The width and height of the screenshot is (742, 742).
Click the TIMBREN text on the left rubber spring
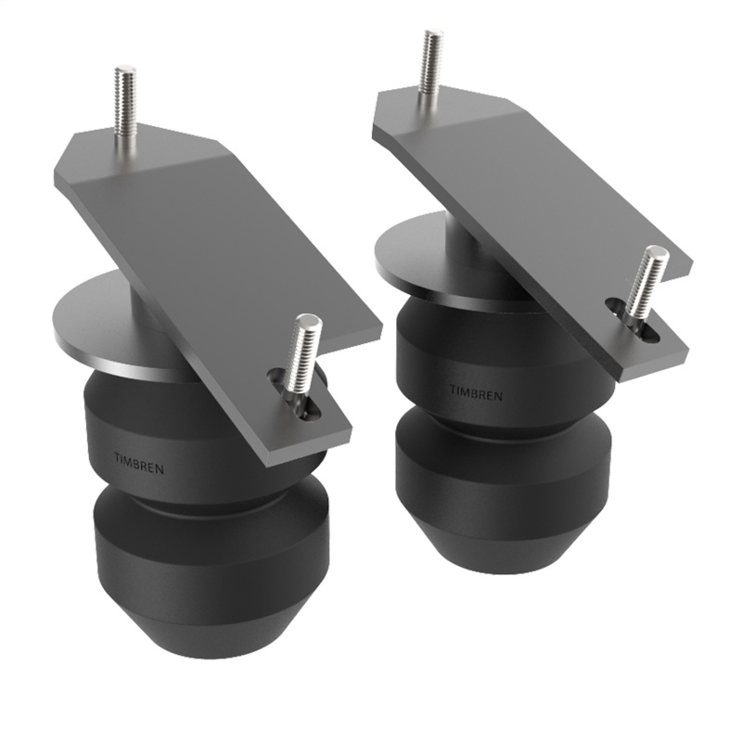coord(138,463)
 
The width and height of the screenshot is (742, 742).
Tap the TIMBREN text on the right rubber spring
coord(478,394)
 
